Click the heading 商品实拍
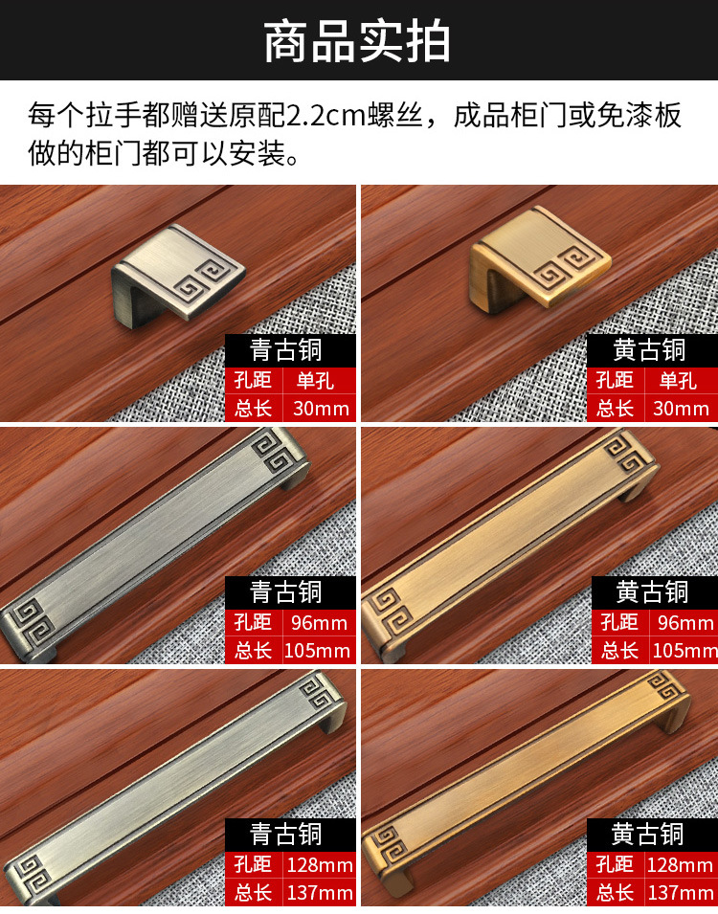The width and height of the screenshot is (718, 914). coord(357,41)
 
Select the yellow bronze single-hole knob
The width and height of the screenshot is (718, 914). coord(540,256)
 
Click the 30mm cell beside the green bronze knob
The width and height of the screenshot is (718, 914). coord(320,408)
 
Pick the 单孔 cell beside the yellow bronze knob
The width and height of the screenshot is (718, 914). coord(678,381)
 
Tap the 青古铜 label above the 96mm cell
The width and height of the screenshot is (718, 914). coord(286,591)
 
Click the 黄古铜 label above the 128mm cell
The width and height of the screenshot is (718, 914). coord(647,835)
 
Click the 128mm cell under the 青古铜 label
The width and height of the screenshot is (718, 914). coord(320,864)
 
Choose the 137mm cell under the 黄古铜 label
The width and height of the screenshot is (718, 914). coord(680,892)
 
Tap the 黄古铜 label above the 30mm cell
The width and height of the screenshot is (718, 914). coord(649,349)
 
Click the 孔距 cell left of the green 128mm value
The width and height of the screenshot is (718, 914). coord(253,864)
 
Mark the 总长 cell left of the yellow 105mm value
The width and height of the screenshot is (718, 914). coord(618,651)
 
